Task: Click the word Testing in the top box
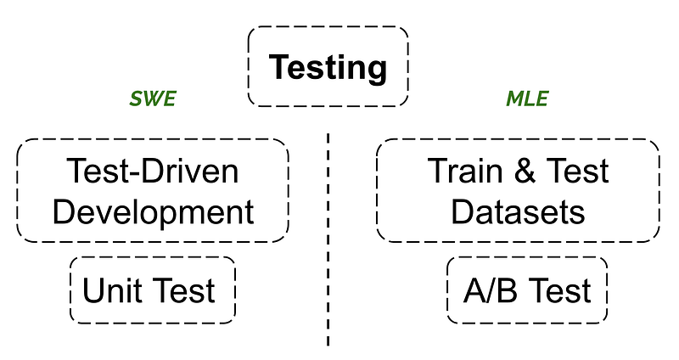pos(328,67)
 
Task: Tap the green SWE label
pos(153,99)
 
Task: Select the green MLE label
pos(527,99)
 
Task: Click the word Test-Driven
pos(153,172)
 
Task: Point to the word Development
pos(153,211)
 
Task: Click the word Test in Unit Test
pos(183,291)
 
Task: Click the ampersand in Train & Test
pos(521,172)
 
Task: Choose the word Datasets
pos(518,211)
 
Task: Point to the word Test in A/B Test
pos(558,291)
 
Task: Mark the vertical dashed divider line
pos(328,238)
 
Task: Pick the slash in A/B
pos(491,291)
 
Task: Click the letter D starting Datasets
pos(462,211)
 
